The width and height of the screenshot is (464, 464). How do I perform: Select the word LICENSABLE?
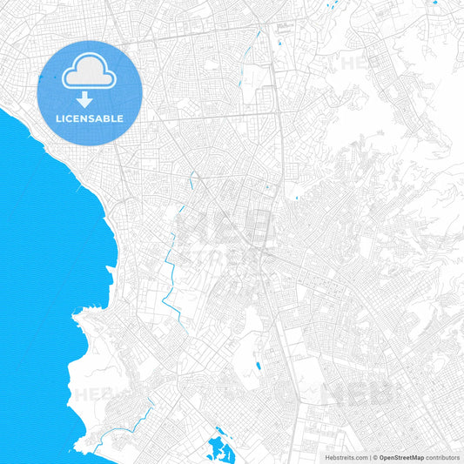click(90, 118)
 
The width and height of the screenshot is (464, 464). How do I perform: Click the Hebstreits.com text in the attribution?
click(344, 456)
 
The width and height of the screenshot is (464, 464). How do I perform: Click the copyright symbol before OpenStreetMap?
click(374, 456)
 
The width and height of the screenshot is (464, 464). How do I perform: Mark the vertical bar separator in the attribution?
click(369, 456)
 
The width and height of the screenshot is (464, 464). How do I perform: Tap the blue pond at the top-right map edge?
click(433, 2)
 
